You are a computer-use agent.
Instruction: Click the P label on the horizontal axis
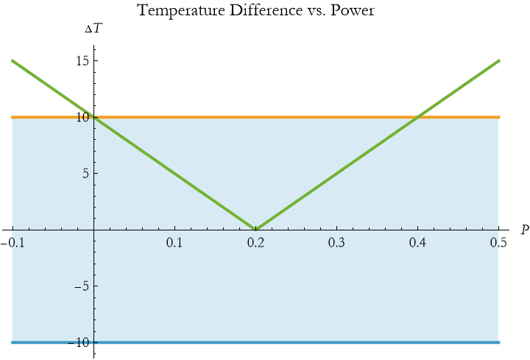tap(524, 230)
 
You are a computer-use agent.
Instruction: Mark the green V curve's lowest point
tap(255, 229)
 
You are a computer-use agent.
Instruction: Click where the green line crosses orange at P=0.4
tap(418, 117)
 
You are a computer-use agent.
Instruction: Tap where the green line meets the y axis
tap(94, 117)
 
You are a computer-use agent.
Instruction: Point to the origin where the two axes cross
tap(94, 230)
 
